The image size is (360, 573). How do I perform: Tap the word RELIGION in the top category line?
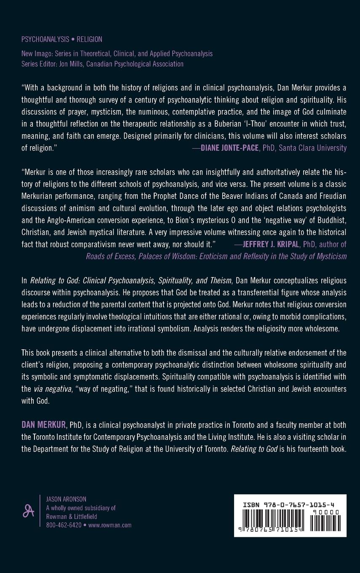89,40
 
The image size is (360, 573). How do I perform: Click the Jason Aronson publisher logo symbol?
28,511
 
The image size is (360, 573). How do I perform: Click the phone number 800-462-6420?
64,525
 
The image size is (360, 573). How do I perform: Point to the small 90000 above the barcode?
325,512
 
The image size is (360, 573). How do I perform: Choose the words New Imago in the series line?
36,54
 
